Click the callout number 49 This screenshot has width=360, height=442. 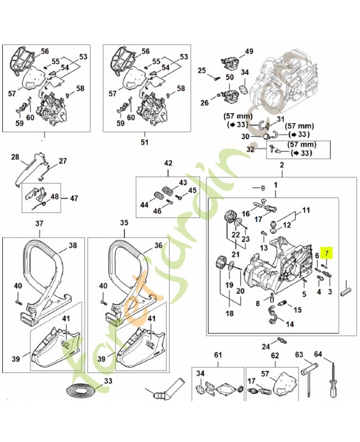[x=249, y=51]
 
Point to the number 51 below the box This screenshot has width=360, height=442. [x=145, y=141]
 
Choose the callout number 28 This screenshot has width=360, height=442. [x=15, y=156]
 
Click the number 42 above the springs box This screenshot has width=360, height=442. [x=169, y=163]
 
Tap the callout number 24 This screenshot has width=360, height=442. [x=266, y=346]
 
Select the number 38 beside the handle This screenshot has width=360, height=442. [x=72, y=245]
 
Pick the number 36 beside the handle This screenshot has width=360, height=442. [x=157, y=245]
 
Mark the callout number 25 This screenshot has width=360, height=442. [x=202, y=70]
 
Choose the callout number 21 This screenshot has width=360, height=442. [x=235, y=254]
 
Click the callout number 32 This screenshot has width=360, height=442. [x=250, y=149]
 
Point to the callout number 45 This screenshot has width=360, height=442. [x=192, y=191]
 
